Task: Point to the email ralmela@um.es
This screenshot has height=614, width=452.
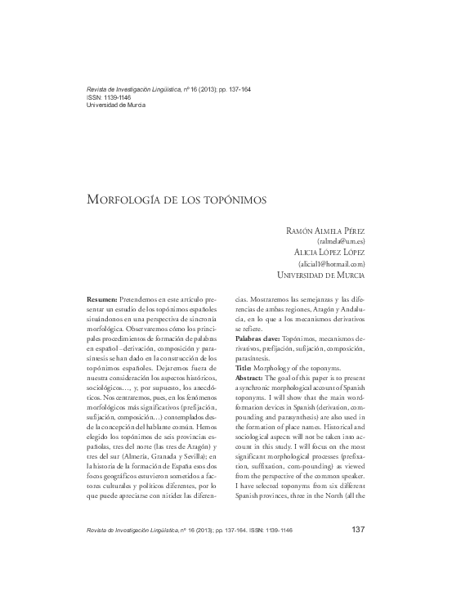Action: click(340, 242)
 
